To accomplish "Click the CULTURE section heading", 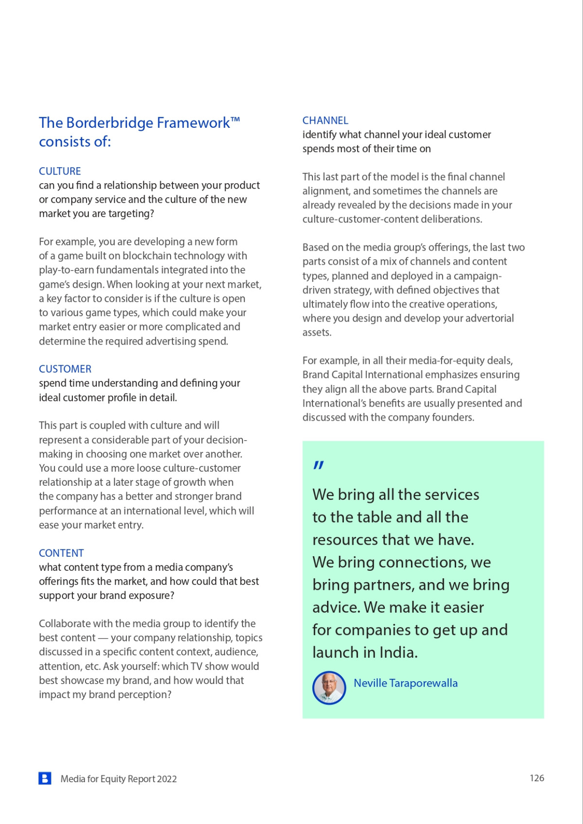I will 60,171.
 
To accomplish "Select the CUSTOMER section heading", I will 65,369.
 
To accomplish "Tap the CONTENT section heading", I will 61,553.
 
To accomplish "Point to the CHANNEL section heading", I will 325,120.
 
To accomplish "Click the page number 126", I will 536,778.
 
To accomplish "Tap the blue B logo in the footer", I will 45,778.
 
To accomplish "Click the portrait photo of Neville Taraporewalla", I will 329,687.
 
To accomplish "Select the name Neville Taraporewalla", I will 405,683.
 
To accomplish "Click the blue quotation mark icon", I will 318,465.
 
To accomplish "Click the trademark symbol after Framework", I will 235,119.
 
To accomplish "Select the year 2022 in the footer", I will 167,779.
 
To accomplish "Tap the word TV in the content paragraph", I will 214,666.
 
